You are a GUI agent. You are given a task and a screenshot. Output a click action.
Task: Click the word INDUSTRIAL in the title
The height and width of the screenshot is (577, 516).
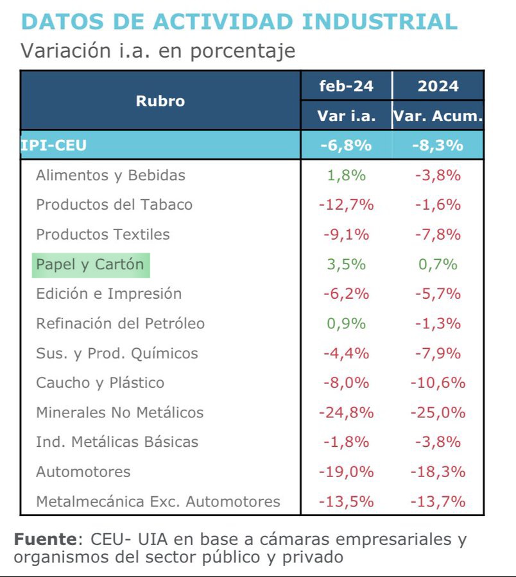(379, 21)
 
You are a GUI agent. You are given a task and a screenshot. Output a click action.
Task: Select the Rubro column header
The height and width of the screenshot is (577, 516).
(160, 101)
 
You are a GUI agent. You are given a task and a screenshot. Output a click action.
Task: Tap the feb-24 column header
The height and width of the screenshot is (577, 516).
(346, 86)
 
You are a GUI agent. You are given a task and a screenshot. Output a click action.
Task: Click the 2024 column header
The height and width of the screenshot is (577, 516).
(438, 86)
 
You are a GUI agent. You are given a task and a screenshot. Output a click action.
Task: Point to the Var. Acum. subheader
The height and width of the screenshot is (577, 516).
(438, 116)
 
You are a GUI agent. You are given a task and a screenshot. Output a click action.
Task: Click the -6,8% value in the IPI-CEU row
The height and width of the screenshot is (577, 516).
(346, 146)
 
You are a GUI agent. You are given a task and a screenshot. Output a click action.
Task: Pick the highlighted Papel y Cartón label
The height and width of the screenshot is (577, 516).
(90, 264)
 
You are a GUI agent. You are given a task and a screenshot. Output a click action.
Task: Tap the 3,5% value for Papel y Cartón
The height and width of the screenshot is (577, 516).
(346, 264)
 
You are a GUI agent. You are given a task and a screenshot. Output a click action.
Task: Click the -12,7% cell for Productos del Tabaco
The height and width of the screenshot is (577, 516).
(346, 205)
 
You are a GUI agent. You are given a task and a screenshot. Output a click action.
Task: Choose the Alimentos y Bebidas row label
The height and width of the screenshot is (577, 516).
(110, 175)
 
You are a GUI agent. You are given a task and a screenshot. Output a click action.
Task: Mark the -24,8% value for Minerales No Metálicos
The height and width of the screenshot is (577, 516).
(346, 412)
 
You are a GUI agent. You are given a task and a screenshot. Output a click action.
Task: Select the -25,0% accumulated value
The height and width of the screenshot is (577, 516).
(438, 412)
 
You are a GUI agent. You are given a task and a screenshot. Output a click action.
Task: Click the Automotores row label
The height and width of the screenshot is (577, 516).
(83, 472)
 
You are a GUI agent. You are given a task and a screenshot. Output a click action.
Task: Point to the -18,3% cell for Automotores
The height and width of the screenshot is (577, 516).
(438, 472)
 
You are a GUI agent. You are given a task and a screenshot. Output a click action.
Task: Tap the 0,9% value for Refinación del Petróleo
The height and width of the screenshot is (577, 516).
(346, 324)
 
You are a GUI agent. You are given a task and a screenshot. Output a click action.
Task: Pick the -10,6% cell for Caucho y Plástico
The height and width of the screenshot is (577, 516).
(438, 383)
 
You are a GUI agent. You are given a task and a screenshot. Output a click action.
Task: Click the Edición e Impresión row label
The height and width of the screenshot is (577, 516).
(108, 294)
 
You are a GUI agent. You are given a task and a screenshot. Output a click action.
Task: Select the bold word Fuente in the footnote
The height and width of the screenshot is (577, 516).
(44, 539)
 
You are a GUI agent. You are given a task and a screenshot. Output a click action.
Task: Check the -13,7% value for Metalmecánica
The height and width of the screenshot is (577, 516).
(438, 501)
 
